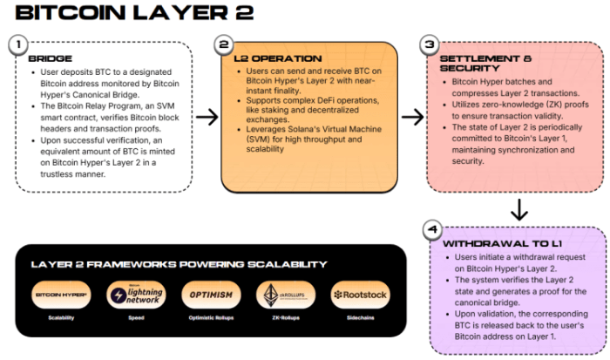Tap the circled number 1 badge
[x=17, y=44]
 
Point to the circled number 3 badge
[x=429, y=44]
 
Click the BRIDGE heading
[x=51, y=58]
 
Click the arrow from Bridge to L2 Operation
[x=207, y=116]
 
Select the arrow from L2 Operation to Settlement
[x=412, y=116]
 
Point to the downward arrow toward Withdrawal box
[x=518, y=210]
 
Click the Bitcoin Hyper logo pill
[x=61, y=295]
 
